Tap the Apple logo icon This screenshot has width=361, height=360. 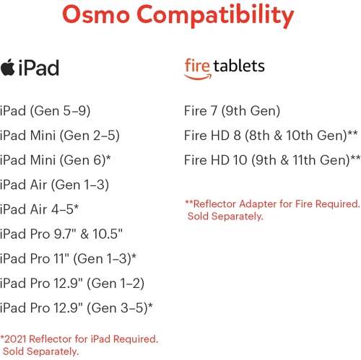pos(9,66)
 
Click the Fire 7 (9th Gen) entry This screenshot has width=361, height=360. pos(232,111)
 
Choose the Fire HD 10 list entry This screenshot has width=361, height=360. pos(272,160)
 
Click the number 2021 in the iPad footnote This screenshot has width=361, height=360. pos(17,338)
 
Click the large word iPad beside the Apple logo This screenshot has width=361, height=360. pos(40,68)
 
